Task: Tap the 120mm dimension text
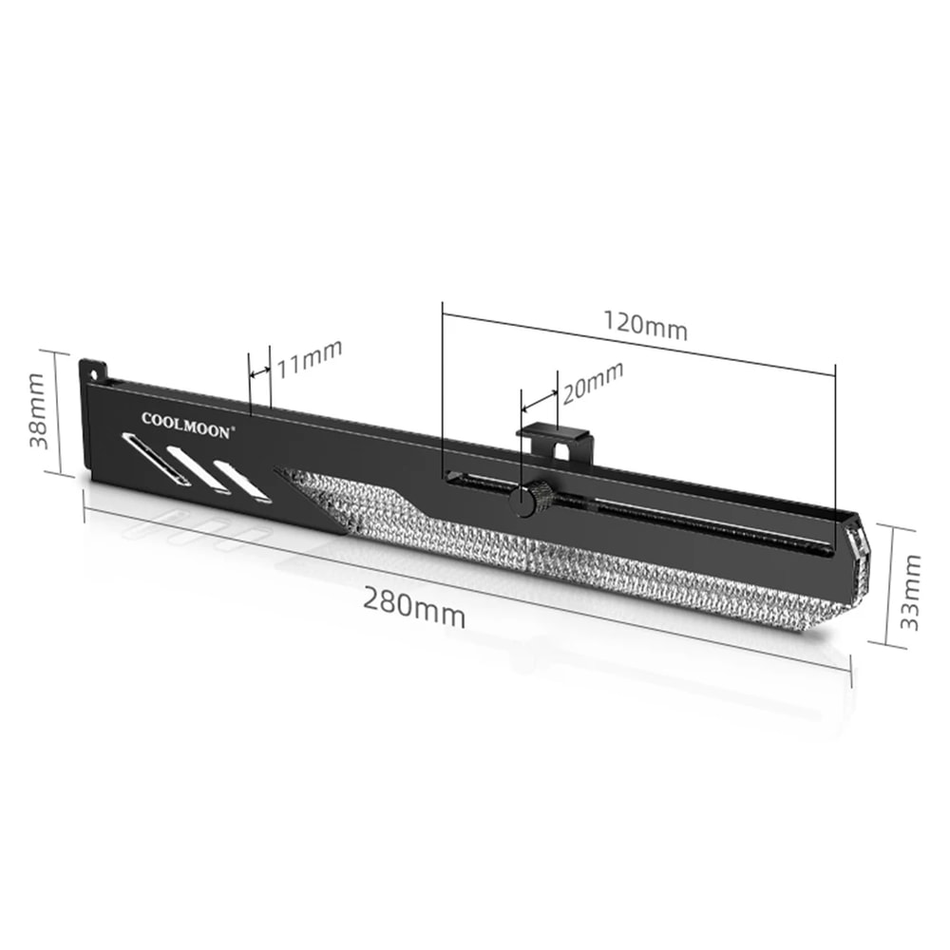pos(645,325)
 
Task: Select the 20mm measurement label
pos(592,381)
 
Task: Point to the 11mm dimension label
pos(309,358)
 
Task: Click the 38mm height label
pos(37,412)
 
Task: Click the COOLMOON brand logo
pos(185,423)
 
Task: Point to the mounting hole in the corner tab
pos(94,366)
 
